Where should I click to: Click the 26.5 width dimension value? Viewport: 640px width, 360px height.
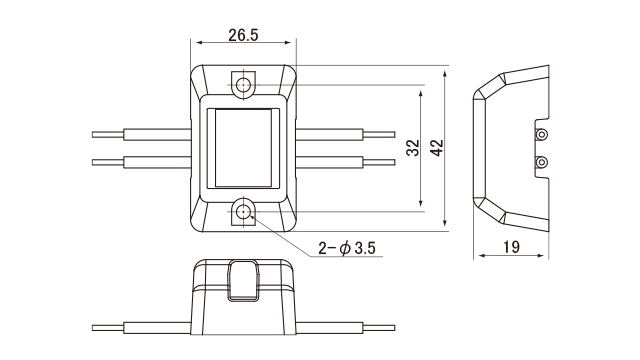[x=243, y=35]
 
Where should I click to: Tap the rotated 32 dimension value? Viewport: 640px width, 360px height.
[x=413, y=148]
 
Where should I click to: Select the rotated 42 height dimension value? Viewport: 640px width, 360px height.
[x=437, y=148]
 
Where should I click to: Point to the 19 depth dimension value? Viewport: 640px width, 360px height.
[x=511, y=247]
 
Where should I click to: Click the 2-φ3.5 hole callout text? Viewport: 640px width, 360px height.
[x=347, y=248]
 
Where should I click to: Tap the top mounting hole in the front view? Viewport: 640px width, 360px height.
[x=243, y=85]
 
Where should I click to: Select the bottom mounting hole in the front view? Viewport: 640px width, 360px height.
[x=243, y=212]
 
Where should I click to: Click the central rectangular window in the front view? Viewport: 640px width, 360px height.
[x=243, y=148]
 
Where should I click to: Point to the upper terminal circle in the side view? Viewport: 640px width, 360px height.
[x=542, y=134]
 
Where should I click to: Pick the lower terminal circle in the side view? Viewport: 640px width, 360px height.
[x=542, y=162]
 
